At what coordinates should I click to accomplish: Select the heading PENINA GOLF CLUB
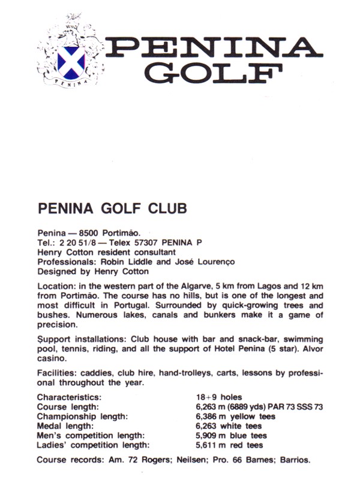(112, 208)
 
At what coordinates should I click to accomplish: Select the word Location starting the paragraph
(56, 286)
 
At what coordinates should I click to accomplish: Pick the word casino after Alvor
(51, 358)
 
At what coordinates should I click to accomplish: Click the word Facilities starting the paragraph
(57, 373)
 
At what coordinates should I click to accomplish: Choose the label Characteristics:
(69, 397)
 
